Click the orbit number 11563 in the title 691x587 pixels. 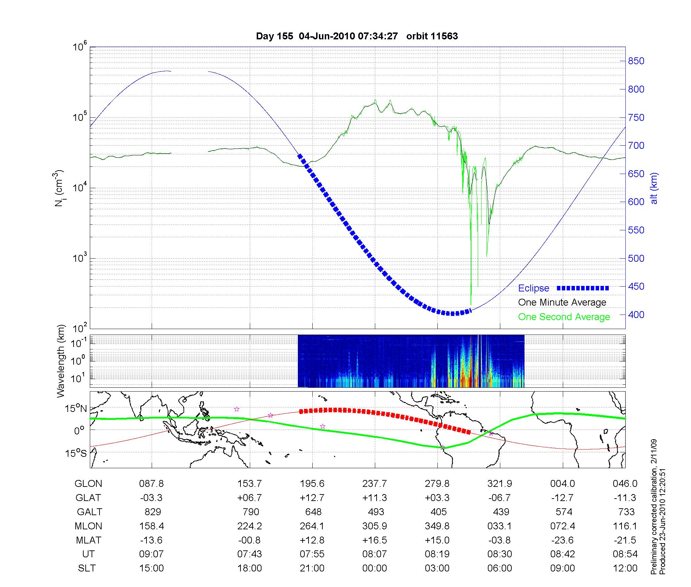445,36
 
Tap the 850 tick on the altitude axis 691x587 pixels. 636,61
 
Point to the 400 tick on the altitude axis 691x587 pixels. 636,315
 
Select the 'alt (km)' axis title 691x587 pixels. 654,188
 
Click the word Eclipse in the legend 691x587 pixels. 533,288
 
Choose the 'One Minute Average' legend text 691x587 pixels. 562,302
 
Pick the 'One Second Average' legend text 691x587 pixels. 564,317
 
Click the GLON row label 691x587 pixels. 88,484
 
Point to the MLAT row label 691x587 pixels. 88,540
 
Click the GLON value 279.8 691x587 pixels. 437,484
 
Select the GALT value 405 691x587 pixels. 438,512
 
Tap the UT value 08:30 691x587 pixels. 500,554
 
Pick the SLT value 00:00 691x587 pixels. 375,568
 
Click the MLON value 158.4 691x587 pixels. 152,526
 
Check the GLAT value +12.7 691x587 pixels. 312,498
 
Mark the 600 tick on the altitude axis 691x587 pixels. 636,202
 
